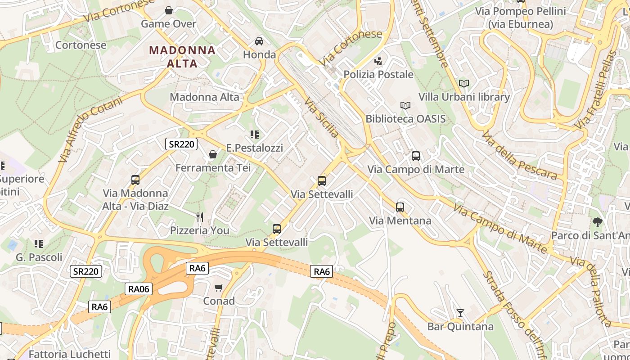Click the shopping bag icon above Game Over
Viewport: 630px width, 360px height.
169,10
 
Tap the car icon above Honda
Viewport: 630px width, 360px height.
259,41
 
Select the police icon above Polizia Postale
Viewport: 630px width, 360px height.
378,61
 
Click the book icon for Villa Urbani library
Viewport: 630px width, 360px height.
464,83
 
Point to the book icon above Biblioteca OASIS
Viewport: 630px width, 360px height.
405,105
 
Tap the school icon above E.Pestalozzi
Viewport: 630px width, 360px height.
255,134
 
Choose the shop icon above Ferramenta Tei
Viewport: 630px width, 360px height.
213,154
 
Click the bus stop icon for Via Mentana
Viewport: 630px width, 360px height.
400,207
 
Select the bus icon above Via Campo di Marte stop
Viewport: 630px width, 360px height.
416,156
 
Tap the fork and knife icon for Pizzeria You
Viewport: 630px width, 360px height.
200,217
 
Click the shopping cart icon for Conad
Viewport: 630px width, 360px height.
219,288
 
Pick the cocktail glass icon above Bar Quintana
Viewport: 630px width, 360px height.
460,313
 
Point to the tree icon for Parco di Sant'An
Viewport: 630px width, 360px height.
597,222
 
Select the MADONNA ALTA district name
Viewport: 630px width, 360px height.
182,57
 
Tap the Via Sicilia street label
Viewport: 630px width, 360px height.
321,118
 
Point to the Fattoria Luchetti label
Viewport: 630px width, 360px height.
69,354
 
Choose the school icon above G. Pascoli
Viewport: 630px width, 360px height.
39,244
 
